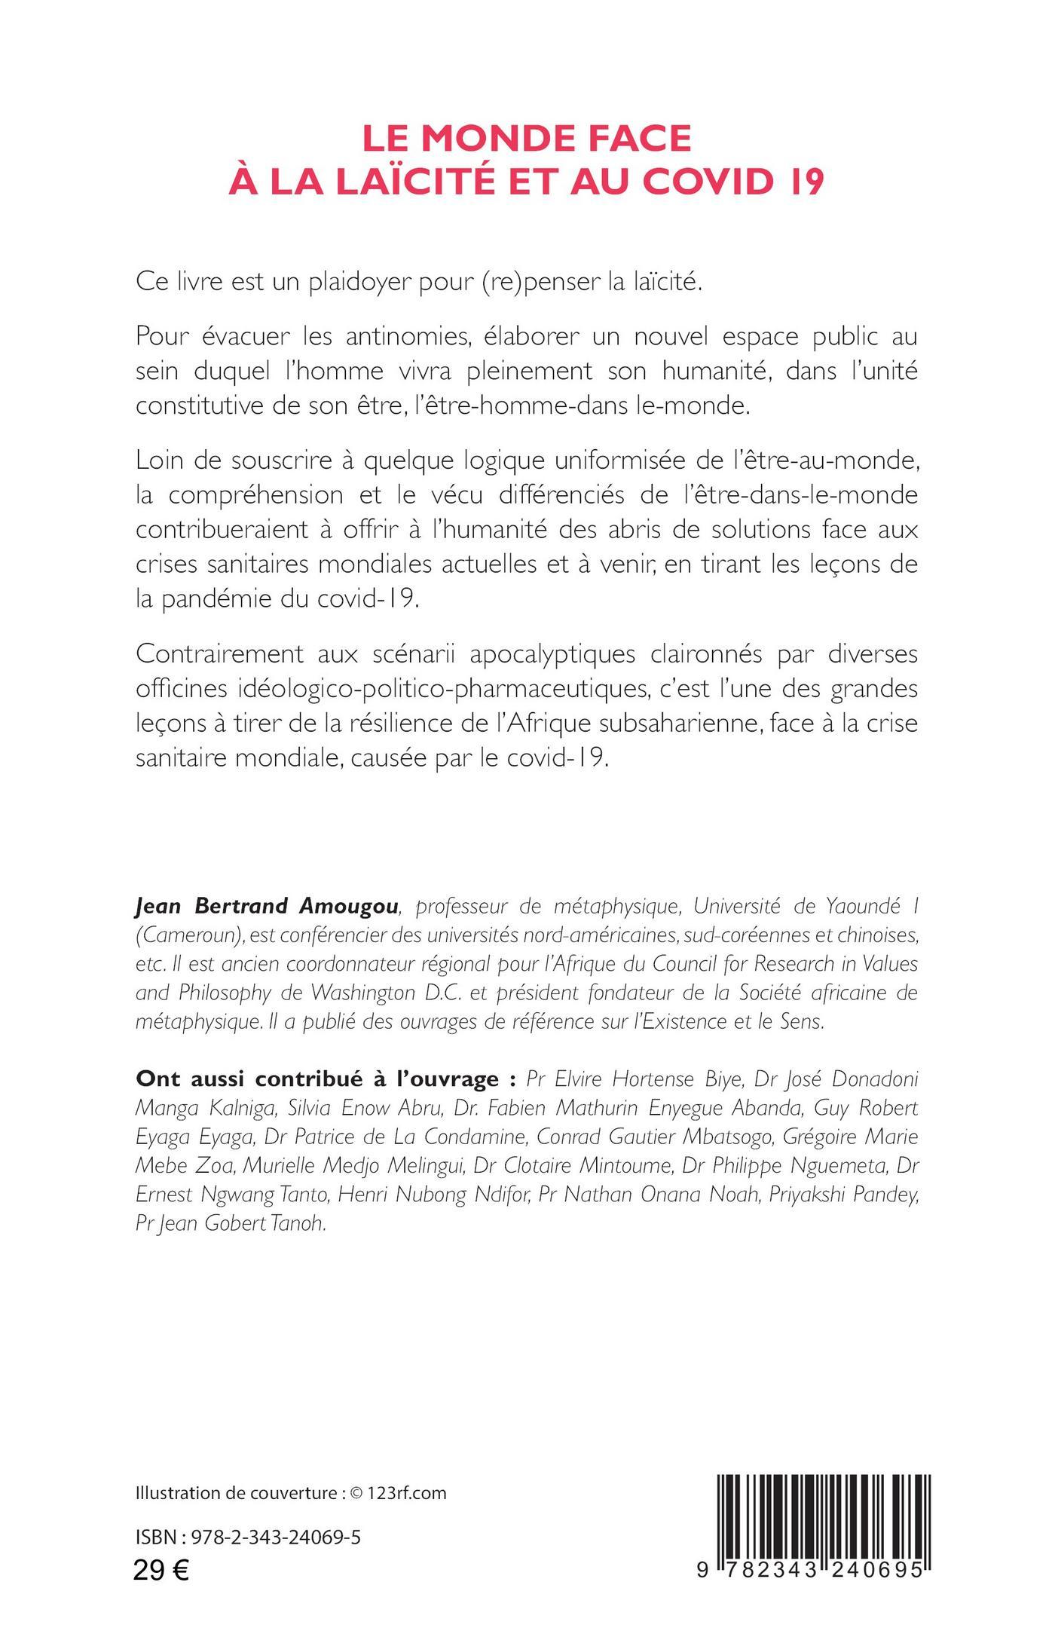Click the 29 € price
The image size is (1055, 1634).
tap(161, 1566)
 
